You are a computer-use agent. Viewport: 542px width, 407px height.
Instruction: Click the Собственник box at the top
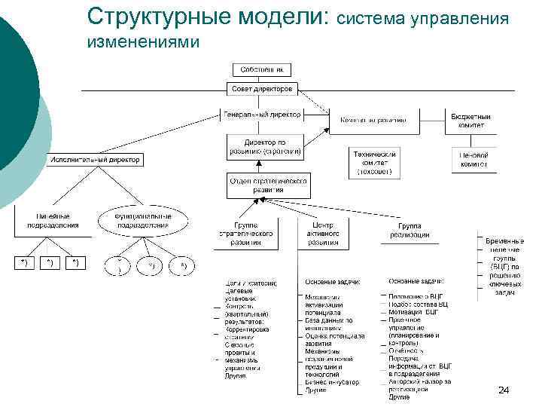[261, 69]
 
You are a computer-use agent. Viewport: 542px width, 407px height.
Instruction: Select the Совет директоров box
[261, 89]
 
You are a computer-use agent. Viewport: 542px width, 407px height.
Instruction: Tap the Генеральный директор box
[262, 115]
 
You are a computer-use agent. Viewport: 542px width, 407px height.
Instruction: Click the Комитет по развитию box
[373, 120]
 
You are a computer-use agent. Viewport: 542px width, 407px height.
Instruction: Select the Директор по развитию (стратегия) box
[264, 146]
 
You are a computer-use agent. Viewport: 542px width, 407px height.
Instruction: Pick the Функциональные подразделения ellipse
[142, 220]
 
